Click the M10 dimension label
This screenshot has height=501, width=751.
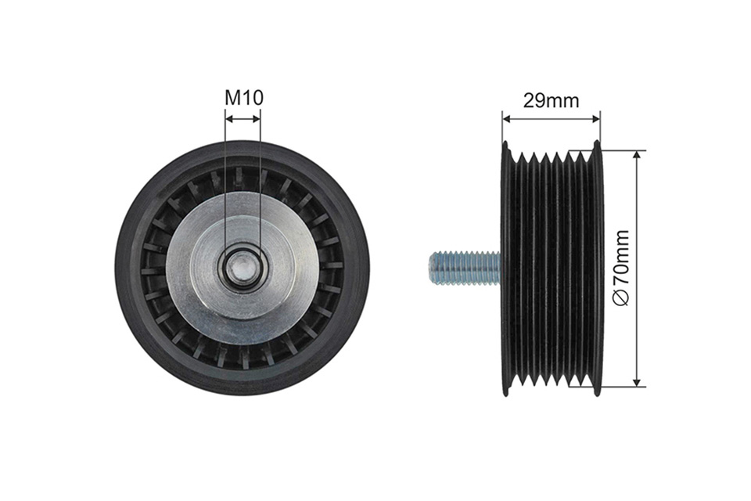coord(244,98)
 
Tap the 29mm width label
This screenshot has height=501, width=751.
coord(551,101)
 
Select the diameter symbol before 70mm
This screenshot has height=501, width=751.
coord(621,298)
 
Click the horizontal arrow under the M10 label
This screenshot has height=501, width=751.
coord(243,118)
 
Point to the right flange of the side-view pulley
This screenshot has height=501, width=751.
coord(596,269)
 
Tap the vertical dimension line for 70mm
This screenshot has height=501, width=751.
coord(636,268)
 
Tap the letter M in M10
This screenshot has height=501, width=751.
coord(232,98)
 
